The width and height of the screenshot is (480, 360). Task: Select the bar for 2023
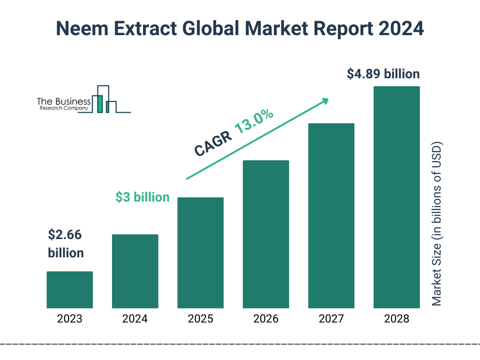[x=70, y=290]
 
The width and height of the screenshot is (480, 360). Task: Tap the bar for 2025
[x=201, y=253]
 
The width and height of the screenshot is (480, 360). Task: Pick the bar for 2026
[x=266, y=234]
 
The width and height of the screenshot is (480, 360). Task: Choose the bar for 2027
[x=331, y=216]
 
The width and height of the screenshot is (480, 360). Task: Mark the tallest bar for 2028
[x=397, y=197]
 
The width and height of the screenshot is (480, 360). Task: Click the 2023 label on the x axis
[x=70, y=319]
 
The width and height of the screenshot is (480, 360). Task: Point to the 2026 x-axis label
[x=266, y=319]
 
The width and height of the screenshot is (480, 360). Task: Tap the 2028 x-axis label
[x=397, y=319]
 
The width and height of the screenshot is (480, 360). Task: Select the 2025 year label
[x=201, y=319]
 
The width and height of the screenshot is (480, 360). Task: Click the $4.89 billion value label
[x=383, y=74]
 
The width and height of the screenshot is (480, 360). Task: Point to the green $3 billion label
[x=142, y=197]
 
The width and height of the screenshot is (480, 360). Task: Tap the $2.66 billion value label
[x=66, y=244]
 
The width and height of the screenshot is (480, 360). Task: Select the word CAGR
[x=212, y=143]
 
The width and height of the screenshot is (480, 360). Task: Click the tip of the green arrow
[x=328, y=99]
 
